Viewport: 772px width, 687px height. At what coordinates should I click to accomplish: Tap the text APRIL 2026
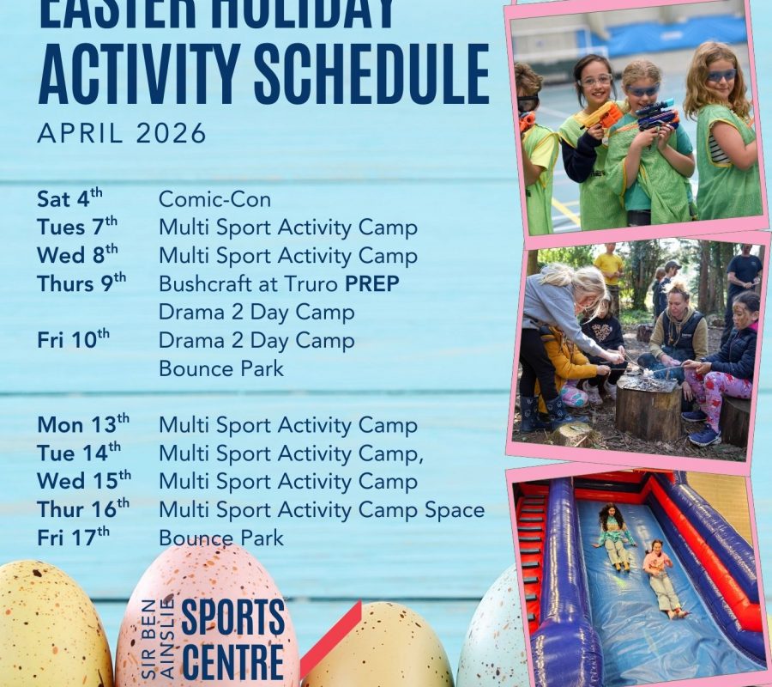tap(122, 133)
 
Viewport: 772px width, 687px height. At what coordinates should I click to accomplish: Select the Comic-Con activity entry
tap(214, 200)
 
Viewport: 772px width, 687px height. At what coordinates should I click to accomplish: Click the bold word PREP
tap(371, 283)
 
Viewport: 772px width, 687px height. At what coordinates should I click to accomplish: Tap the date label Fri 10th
tap(74, 340)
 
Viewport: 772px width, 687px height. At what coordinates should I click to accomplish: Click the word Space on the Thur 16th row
tap(456, 509)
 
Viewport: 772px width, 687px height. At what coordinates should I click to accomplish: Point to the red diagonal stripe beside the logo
tap(330, 640)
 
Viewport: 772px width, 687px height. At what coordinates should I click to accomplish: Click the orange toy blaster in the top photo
tap(604, 116)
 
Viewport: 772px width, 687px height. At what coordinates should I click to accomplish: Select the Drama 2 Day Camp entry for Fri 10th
tap(256, 340)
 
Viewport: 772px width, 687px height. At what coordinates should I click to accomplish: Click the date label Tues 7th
tap(77, 228)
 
